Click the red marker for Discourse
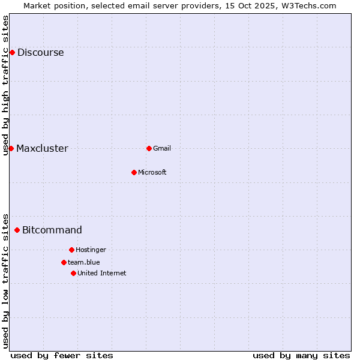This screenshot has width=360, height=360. click(12, 52)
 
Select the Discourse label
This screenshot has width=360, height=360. click(40, 52)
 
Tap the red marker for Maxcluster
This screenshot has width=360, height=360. click(11, 148)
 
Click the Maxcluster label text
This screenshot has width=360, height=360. click(42, 148)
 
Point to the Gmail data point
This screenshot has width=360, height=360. click(149, 148)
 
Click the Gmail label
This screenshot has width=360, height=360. click(162, 148)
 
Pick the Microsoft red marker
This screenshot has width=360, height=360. click(134, 172)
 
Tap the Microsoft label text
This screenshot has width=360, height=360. click(152, 172)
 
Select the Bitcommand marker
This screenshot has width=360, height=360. click(17, 230)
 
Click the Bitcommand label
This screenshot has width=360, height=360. click(52, 230)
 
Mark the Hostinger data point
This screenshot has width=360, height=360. click(71, 250)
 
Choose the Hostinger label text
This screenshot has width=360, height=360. click(91, 250)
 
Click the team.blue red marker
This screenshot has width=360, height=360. click(64, 262)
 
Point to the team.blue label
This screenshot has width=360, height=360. click(83, 262)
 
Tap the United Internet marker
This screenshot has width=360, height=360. click(73, 273)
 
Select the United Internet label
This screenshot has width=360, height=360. click(101, 273)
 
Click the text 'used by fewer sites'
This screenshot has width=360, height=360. click(62, 355)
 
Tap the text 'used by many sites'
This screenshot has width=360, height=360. click(301, 355)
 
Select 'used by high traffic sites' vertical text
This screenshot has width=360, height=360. click(5, 85)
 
